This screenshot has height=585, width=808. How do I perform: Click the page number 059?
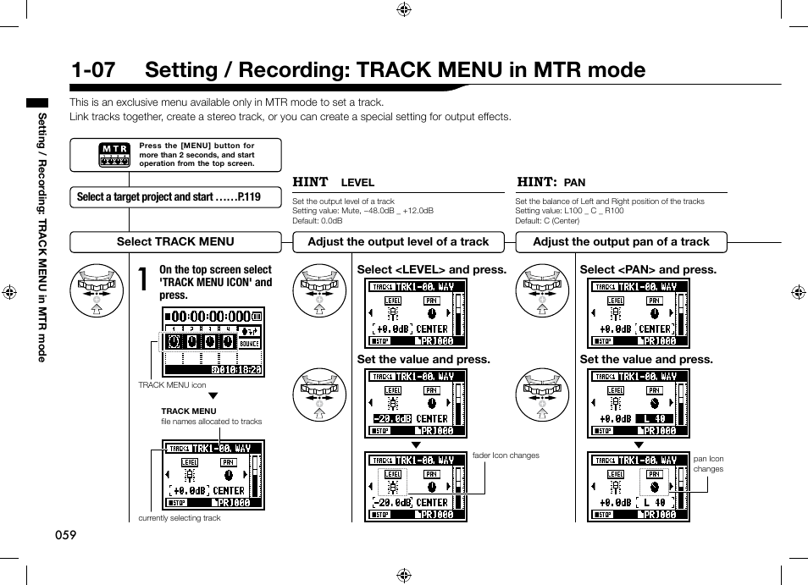click(65, 535)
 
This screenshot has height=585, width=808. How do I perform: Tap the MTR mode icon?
click(114, 154)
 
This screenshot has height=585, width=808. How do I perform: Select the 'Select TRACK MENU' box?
click(175, 241)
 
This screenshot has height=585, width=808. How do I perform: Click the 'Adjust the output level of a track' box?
click(398, 241)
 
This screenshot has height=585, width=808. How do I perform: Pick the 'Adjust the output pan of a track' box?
click(621, 241)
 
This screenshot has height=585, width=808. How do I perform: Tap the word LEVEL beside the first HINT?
click(357, 183)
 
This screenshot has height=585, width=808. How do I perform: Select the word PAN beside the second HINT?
click(575, 183)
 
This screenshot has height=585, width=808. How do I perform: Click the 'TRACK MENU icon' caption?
click(172, 385)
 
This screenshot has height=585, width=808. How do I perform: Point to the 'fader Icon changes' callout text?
click(506, 455)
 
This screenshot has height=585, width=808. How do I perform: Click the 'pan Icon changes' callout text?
click(708, 464)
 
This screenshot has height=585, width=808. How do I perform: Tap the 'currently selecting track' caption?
click(180, 518)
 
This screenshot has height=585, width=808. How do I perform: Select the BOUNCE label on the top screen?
click(250, 345)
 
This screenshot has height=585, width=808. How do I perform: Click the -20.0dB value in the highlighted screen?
click(392, 418)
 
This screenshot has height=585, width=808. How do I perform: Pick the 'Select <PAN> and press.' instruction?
click(648, 270)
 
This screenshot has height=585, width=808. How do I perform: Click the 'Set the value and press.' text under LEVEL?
click(423, 360)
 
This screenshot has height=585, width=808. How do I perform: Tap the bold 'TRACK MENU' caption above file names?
click(189, 411)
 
